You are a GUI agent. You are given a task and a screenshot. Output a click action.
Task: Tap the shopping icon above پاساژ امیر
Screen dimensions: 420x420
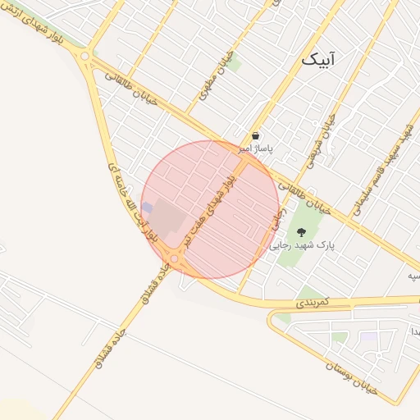point(256,136)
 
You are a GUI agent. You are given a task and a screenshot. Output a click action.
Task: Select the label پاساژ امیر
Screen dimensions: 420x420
point(256,149)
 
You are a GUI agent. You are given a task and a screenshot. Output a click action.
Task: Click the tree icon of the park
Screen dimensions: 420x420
point(301,232)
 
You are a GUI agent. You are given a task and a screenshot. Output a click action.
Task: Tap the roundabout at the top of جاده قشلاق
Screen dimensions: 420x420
point(175,258)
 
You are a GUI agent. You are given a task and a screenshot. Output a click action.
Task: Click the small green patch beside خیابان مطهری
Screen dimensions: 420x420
point(235,63)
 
